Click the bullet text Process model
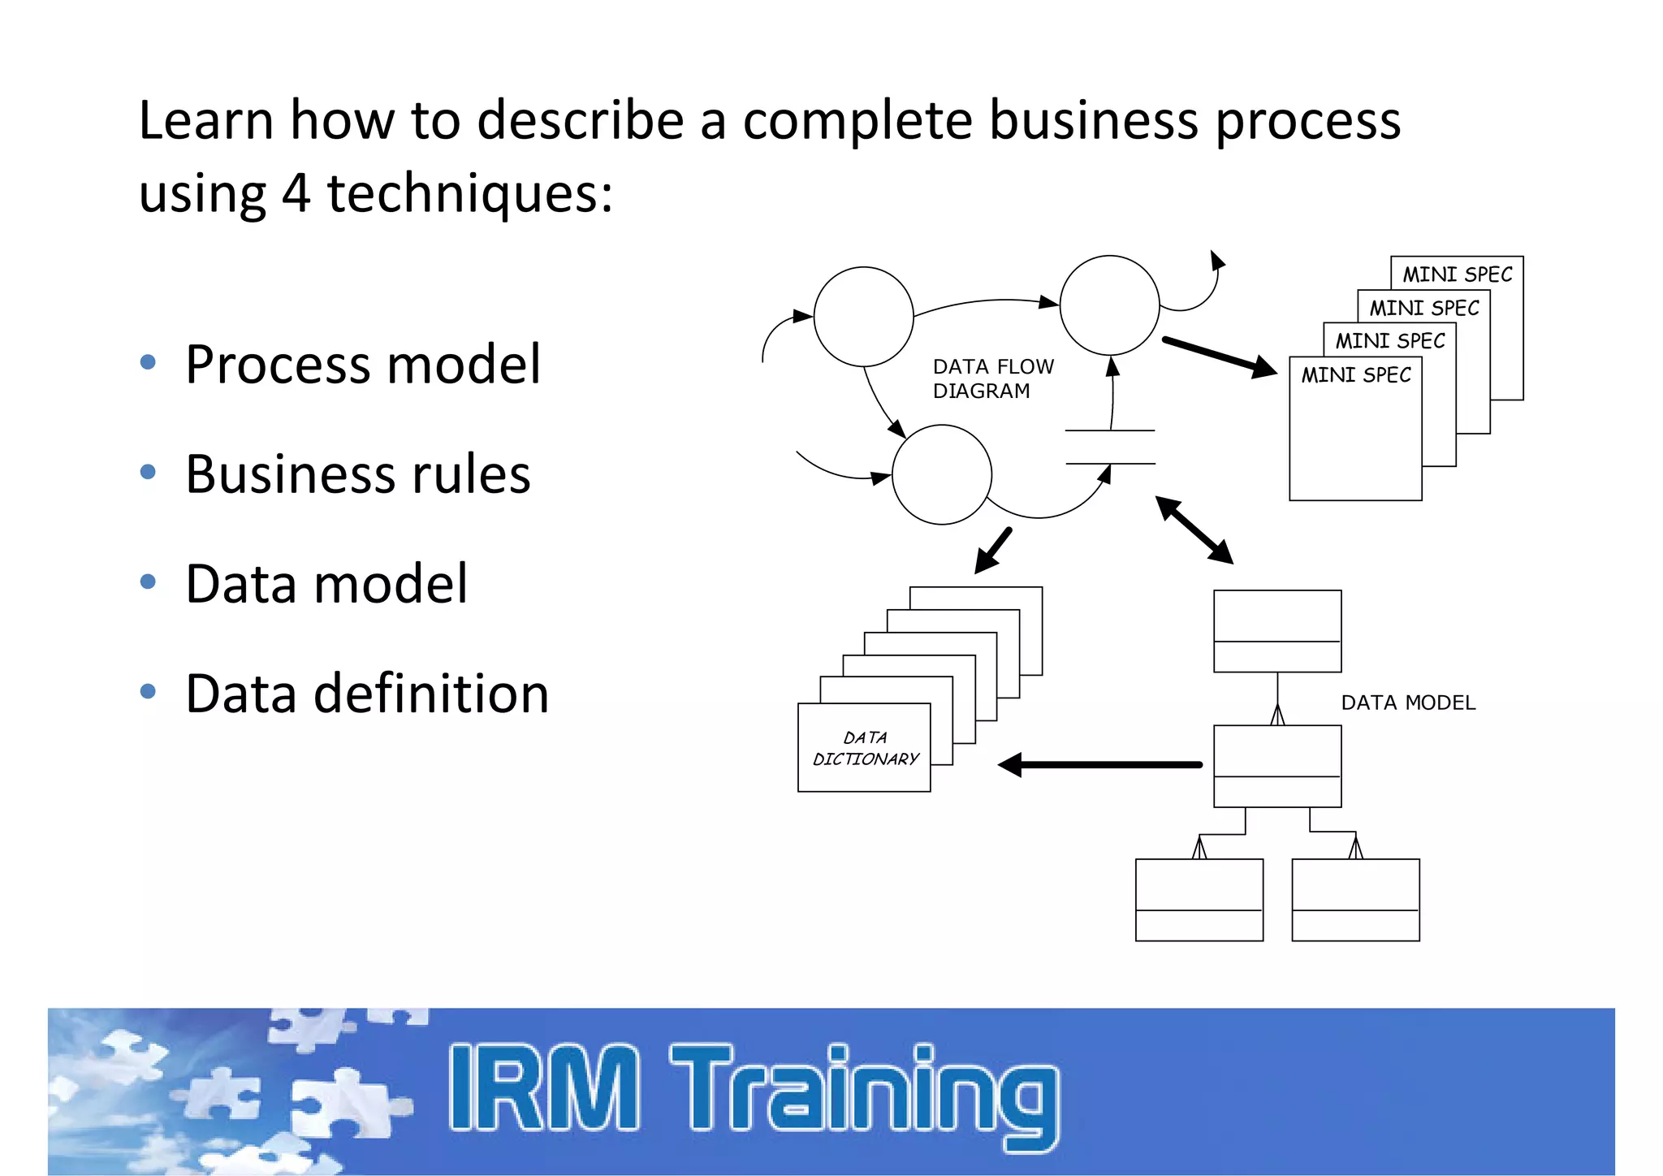tap(362, 365)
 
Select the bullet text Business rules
tap(357, 474)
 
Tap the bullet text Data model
tap(326, 584)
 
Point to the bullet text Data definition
tap(367, 694)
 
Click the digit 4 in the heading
tap(296, 193)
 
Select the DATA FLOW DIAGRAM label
tap(992, 378)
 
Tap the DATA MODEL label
tap(1407, 703)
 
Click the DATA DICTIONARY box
tap(864, 748)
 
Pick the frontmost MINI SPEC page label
tap(1355, 375)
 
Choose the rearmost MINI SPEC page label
tap(1458, 275)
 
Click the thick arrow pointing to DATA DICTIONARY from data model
tap(1100, 764)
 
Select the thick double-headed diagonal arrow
tap(1194, 530)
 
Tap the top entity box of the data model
tap(1276, 631)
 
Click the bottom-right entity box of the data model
tap(1355, 900)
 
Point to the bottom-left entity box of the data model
tap(1199, 900)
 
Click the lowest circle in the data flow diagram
tap(941, 475)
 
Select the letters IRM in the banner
tap(543, 1088)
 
